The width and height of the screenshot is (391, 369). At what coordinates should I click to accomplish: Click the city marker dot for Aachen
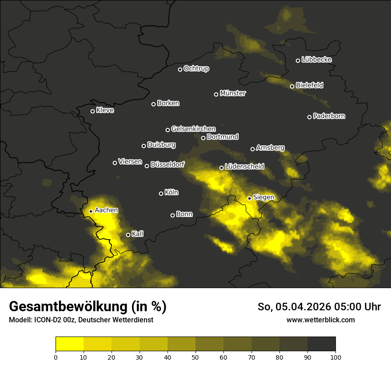click(x=91, y=211)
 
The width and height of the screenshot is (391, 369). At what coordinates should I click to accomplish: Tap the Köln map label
click(x=172, y=193)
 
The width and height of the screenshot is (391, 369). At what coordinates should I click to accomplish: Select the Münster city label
click(x=233, y=93)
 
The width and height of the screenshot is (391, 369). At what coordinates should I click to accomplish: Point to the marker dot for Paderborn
click(x=310, y=117)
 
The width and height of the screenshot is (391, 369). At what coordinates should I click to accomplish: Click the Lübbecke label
click(x=316, y=60)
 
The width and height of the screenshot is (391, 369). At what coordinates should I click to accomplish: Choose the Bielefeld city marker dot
click(x=292, y=86)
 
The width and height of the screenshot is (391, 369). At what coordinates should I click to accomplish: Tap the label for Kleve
click(x=105, y=110)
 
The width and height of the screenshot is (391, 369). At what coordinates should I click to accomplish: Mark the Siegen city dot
click(x=250, y=198)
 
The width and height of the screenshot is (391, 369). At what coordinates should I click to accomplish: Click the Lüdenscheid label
click(x=244, y=167)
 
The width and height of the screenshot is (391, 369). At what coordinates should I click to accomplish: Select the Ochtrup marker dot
click(x=180, y=69)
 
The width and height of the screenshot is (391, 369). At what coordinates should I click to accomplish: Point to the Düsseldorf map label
click(x=168, y=164)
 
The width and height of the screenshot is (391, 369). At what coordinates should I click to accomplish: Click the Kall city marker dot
click(x=128, y=235)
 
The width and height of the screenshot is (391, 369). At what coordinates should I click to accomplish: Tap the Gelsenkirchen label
click(x=193, y=129)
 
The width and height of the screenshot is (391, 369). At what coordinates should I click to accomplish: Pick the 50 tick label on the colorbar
click(x=195, y=357)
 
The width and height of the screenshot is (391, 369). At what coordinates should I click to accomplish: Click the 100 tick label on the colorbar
click(x=335, y=357)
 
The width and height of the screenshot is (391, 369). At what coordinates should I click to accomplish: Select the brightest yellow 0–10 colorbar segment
click(x=69, y=344)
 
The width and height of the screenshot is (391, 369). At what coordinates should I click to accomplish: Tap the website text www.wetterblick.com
click(x=320, y=320)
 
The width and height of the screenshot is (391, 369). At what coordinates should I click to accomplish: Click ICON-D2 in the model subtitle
click(x=46, y=320)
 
